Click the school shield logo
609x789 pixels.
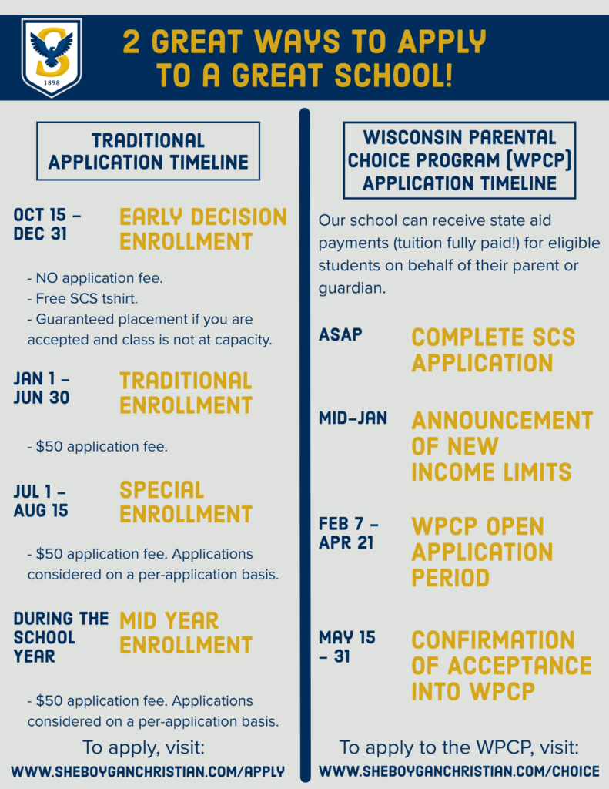pos(52,57)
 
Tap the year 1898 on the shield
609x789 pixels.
pos(52,82)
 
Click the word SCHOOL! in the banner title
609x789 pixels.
pos(393,76)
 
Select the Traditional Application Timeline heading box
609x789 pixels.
pos(149,151)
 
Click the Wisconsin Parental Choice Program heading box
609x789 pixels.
pos(460,160)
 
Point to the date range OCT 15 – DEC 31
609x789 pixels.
pos(47,224)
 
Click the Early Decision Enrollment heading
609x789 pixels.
pos(203,229)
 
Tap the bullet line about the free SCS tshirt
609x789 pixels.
pos(82,298)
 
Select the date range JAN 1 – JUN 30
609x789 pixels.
pos(42,388)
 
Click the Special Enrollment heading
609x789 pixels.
pos(186,502)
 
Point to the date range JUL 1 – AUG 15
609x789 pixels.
pos(41,501)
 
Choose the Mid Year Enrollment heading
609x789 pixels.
pos(186,633)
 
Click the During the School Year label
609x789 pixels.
pos(61,637)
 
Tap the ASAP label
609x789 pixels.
pos(340,334)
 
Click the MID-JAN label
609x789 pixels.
pos(353,418)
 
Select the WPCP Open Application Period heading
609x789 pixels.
pos(482,552)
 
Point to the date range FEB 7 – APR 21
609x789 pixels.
pos(349,533)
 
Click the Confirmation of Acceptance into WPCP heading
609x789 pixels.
pos(502,665)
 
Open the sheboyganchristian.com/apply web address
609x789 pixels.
pos(148,771)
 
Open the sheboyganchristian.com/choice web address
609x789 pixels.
pos(459,771)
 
